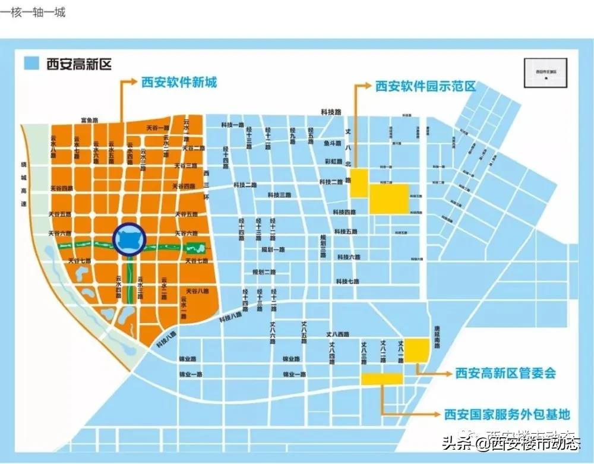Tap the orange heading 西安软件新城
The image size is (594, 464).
pyautogui.click(x=178, y=82)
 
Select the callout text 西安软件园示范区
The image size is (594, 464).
pyautogui.click(x=425, y=86)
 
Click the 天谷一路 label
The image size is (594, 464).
pyautogui.click(x=158, y=128)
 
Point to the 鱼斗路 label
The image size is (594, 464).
pyautogui.click(x=333, y=143)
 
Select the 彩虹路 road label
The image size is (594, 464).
pyautogui.click(x=333, y=161)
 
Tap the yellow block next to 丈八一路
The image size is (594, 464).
pyautogui.click(x=416, y=350)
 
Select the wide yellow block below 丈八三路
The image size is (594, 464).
pyautogui.click(x=383, y=378)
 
